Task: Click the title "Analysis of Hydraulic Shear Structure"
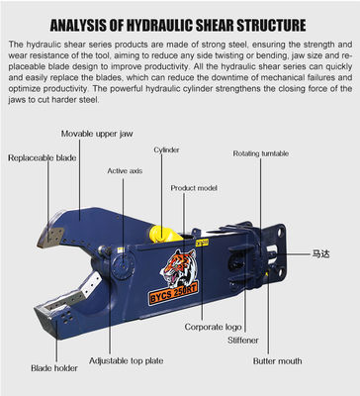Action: click(x=179, y=23)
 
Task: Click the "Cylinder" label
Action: click(x=166, y=150)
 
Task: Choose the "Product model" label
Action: click(x=193, y=187)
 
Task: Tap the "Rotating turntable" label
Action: click(x=262, y=154)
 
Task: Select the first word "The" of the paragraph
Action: click(x=14, y=46)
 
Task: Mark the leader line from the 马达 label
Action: click(x=295, y=254)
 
